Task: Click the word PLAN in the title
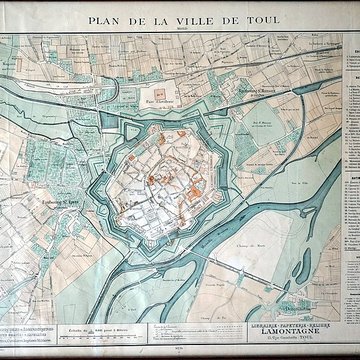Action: click(x=105, y=19)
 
